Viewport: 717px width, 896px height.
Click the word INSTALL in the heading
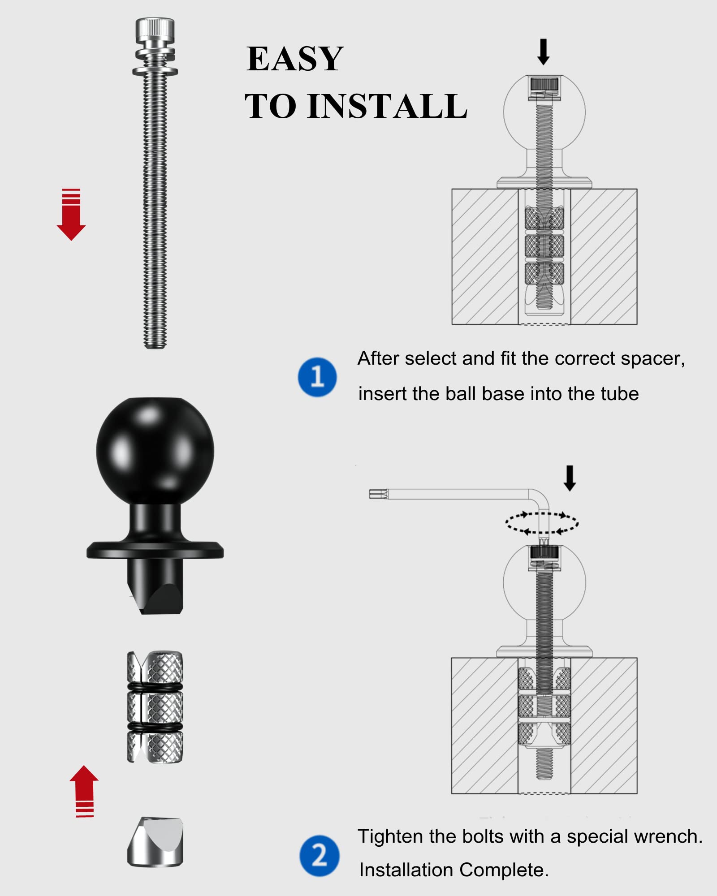click(387, 107)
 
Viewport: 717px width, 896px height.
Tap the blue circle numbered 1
click(317, 377)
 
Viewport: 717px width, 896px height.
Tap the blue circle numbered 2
click(319, 855)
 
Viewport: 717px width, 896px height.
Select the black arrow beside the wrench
click(570, 478)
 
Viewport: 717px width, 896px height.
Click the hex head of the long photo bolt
click(155, 29)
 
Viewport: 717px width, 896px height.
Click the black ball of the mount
click(155, 450)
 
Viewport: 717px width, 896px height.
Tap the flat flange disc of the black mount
click(155, 550)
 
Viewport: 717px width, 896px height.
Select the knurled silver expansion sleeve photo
click(155, 706)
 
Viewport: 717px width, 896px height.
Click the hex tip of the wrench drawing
click(378, 494)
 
